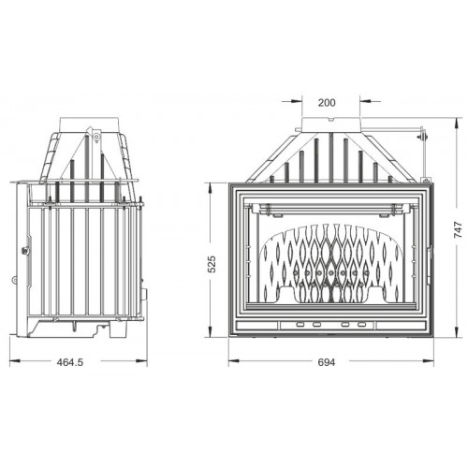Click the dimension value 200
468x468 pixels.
(327, 103)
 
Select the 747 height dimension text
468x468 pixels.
(458, 230)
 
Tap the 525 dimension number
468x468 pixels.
(212, 264)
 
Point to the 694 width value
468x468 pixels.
(327, 362)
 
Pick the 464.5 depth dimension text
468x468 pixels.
(70, 362)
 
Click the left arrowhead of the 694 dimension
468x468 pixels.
(233, 361)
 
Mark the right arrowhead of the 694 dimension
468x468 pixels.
(429, 361)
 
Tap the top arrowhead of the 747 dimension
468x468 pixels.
(458, 123)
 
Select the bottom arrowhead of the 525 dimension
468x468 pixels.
(212, 332)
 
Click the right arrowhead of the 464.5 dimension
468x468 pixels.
(142, 361)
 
